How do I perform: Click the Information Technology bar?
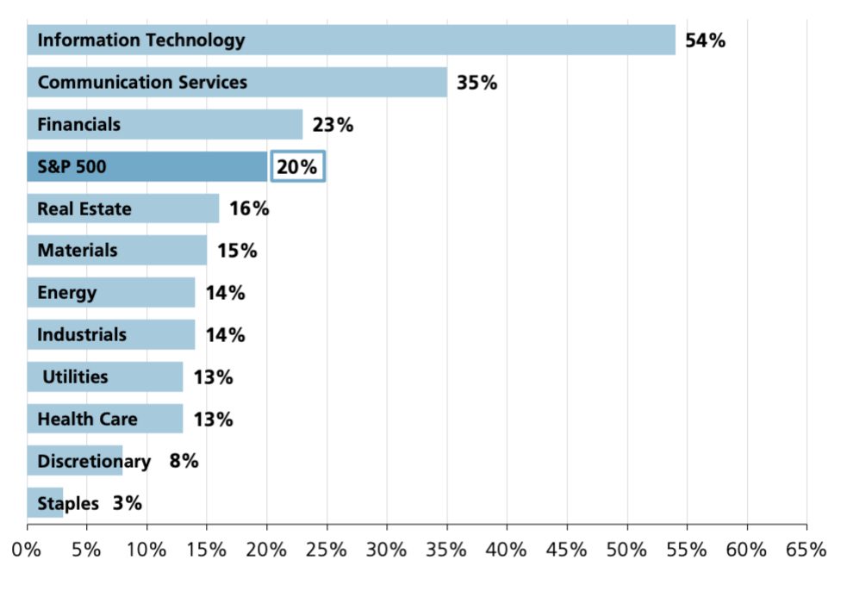point(351,40)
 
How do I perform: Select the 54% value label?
point(705,40)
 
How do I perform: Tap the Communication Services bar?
point(237,83)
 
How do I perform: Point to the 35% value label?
point(476,84)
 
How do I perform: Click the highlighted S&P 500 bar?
point(146,166)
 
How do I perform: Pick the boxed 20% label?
point(297,166)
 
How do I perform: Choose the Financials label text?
point(78,125)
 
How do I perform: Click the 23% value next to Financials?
point(333,125)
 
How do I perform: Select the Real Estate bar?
point(123,208)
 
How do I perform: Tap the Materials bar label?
point(78,251)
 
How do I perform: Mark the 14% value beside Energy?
point(225,293)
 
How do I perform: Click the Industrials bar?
point(110,334)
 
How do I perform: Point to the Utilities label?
point(75,376)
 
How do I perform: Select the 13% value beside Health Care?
point(213,420)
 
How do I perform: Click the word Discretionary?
point(93,461)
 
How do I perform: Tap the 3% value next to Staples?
point(127,503)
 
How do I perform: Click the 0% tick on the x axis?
point(28,549)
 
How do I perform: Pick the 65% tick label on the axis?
point(806,549)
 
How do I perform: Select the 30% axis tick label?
point(387,549)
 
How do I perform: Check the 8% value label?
point(184,461)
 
